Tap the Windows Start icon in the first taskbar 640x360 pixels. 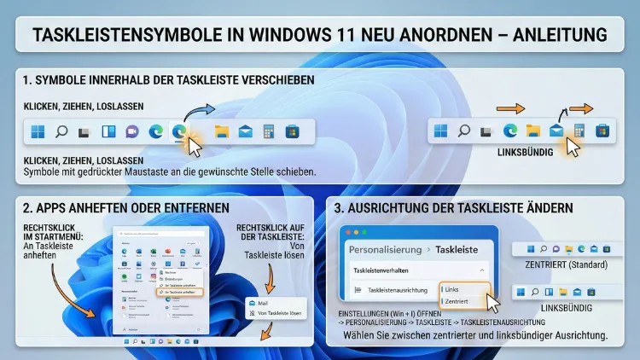[38, 131]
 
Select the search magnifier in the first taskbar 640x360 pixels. [61, 131]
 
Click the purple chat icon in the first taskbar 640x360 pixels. [132, 131]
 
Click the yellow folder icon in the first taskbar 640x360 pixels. [222, 131]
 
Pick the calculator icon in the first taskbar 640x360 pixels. [268, 131]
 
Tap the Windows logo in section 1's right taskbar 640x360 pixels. [440, 131]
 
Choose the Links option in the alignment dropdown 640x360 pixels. [453, 289]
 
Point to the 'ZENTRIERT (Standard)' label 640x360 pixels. [565, 264]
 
